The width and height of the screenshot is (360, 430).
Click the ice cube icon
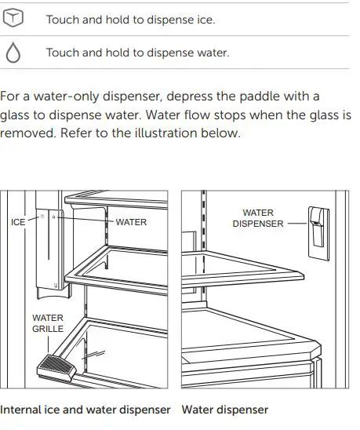tap(14, 19)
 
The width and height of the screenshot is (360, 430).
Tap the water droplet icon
tap(14, 53)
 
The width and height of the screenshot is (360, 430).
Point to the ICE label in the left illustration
tap(18, 222)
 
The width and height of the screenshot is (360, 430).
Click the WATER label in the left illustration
tap(131, 222)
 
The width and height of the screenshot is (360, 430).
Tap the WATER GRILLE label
tap(48, 323)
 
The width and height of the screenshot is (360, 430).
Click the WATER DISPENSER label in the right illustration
tap(257, 218)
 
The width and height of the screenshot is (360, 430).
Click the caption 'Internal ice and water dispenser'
tap(85, 410)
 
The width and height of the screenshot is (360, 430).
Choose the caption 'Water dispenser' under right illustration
tap(224, 410)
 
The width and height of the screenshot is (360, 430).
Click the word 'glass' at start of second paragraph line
tap(16, 115)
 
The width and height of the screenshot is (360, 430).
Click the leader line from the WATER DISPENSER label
tap(297, 224)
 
